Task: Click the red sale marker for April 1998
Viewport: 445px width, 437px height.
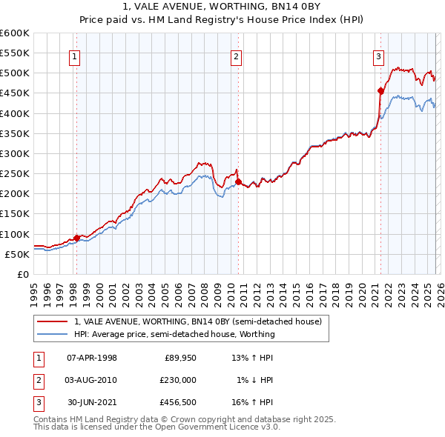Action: pyautogui.click(x=76, y=238)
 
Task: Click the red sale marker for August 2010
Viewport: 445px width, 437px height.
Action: pyautogui.click(x=238, y=181)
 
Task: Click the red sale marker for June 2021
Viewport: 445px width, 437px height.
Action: pyautogui.click(x=381, y=91)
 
